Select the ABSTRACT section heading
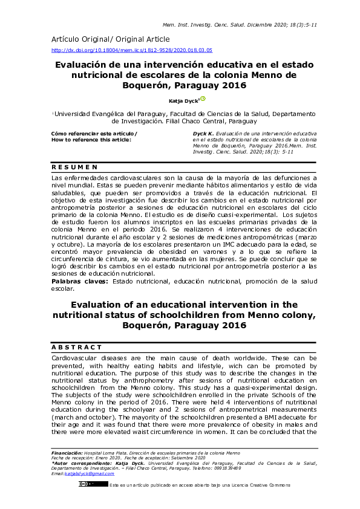click(x=77, y=347)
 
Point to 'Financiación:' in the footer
click(x=67, y=452)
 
